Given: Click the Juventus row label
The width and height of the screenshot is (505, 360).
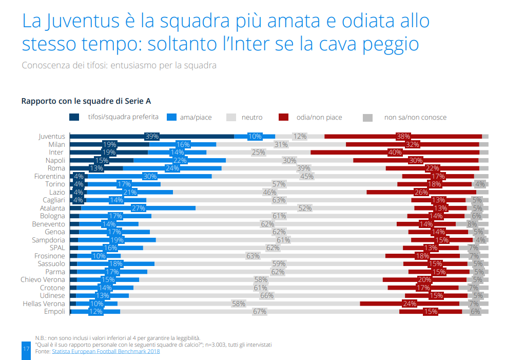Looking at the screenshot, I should (52, 137).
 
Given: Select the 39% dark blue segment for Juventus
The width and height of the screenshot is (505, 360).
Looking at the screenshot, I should (152, 137).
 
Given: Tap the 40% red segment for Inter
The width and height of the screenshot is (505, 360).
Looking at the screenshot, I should (395, 153).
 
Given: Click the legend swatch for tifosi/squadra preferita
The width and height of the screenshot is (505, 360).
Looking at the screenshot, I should (74, 117).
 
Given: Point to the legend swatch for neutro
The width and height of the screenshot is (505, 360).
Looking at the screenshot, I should (231, 117).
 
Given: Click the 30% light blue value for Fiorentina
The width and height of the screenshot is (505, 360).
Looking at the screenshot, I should (150, 176).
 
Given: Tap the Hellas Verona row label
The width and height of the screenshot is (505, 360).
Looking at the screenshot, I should (44, 304).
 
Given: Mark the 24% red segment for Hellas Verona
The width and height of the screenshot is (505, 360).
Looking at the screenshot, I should (409, 304).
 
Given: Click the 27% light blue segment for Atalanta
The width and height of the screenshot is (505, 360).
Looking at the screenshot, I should (139, 208).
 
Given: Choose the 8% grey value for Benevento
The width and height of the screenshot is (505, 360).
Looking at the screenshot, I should (472, 224).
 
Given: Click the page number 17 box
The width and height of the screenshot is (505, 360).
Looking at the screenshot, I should (26, 349).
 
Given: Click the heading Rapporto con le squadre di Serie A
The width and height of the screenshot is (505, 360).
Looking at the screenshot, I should (86, 101).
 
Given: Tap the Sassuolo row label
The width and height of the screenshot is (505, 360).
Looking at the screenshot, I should (51, 264).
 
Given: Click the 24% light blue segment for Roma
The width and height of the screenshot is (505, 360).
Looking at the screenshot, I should (172, 168).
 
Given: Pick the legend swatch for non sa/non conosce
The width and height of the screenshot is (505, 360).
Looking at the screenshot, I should (367, 117).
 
